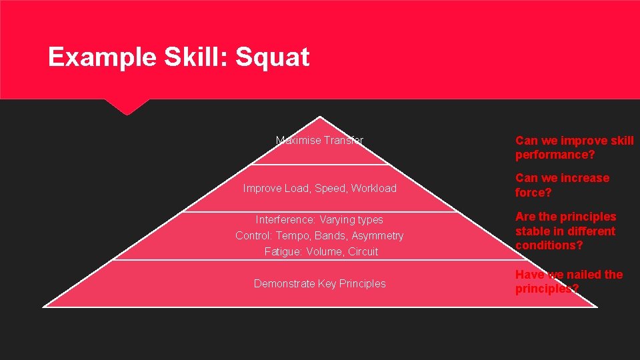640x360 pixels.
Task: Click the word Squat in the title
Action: (273, 58)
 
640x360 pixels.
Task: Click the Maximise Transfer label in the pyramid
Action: (320, 140)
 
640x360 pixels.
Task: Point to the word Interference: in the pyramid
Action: (286, 219)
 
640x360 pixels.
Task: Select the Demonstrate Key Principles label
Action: (320, 283)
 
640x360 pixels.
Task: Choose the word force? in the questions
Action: (533, 193)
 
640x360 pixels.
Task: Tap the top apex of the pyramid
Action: (321, 117)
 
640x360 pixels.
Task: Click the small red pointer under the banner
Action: (127, 107)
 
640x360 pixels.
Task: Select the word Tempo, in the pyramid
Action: (293, 235)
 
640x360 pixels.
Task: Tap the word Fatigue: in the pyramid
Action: (283, 251)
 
